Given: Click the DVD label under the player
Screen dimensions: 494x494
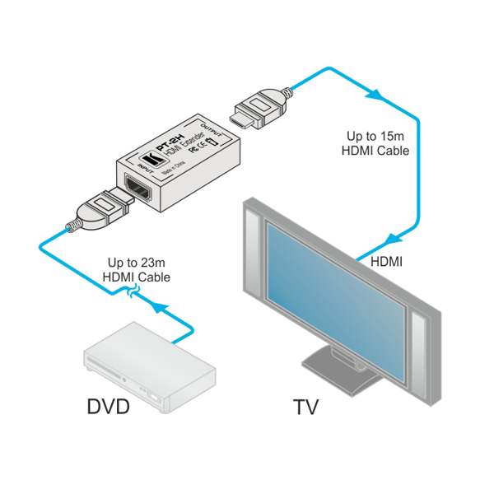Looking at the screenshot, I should (x=109, y=407).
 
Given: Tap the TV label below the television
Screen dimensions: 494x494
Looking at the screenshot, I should (x=305, y=407).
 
